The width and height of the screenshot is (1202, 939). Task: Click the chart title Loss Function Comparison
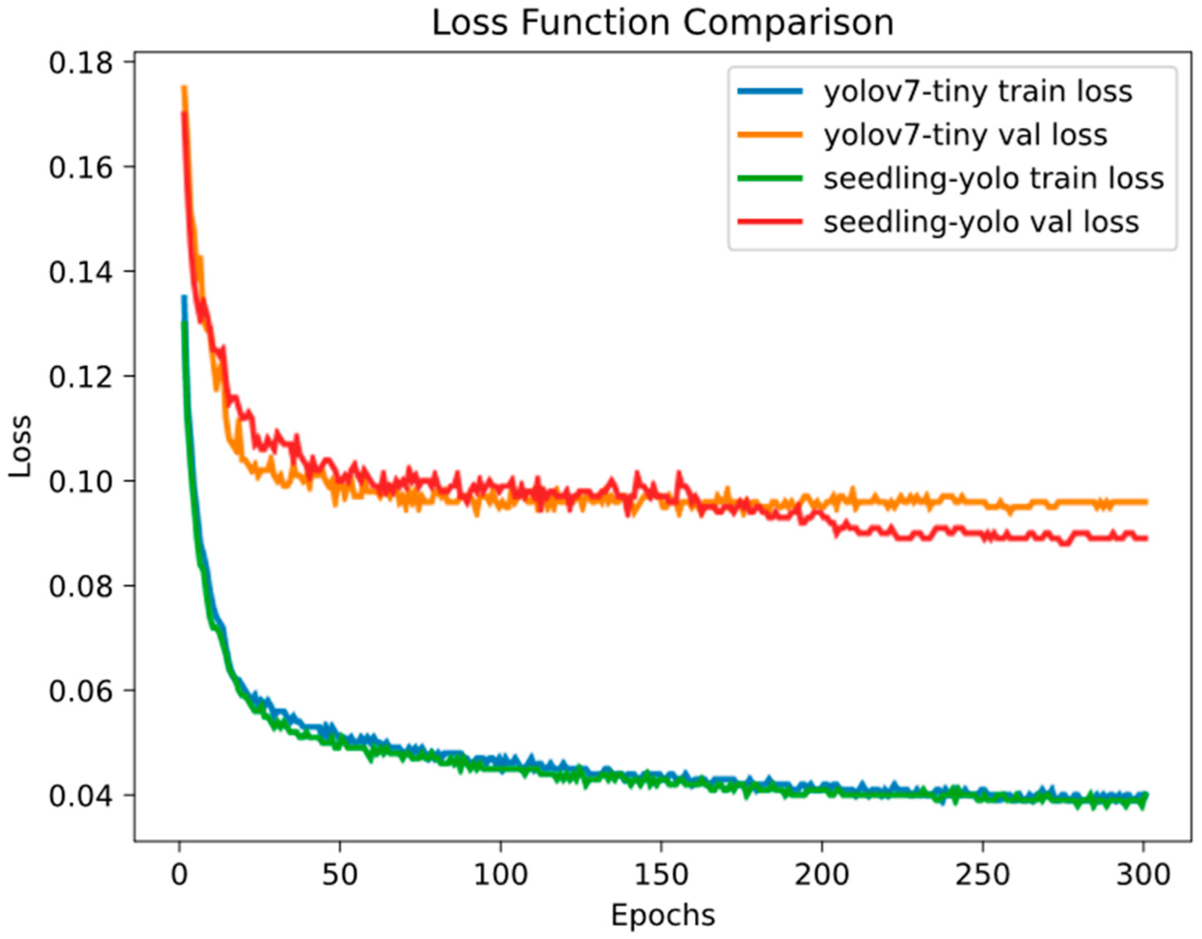pyautogui.click(x=663, y=23)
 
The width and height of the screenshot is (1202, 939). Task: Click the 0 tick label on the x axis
pyautogui.click(x=180, y=874)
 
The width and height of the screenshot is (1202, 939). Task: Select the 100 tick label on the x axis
pyautogui.click(x=500, y=874)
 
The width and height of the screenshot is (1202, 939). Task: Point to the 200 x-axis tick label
pyautogui.click(x=822, y=874)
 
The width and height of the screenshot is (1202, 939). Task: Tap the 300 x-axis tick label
pyautogui.click(x=1143, y=874)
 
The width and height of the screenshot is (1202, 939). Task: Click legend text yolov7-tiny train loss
pyautogui.click(x=978, y=91)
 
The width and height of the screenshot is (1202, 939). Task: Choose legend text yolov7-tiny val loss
pyautogui.click(x=965, y=135)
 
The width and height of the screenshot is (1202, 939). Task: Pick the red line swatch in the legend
pyautogui.click(x=770, y=222)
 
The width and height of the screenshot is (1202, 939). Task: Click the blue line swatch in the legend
pyautogui.click(x=770, y=91)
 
